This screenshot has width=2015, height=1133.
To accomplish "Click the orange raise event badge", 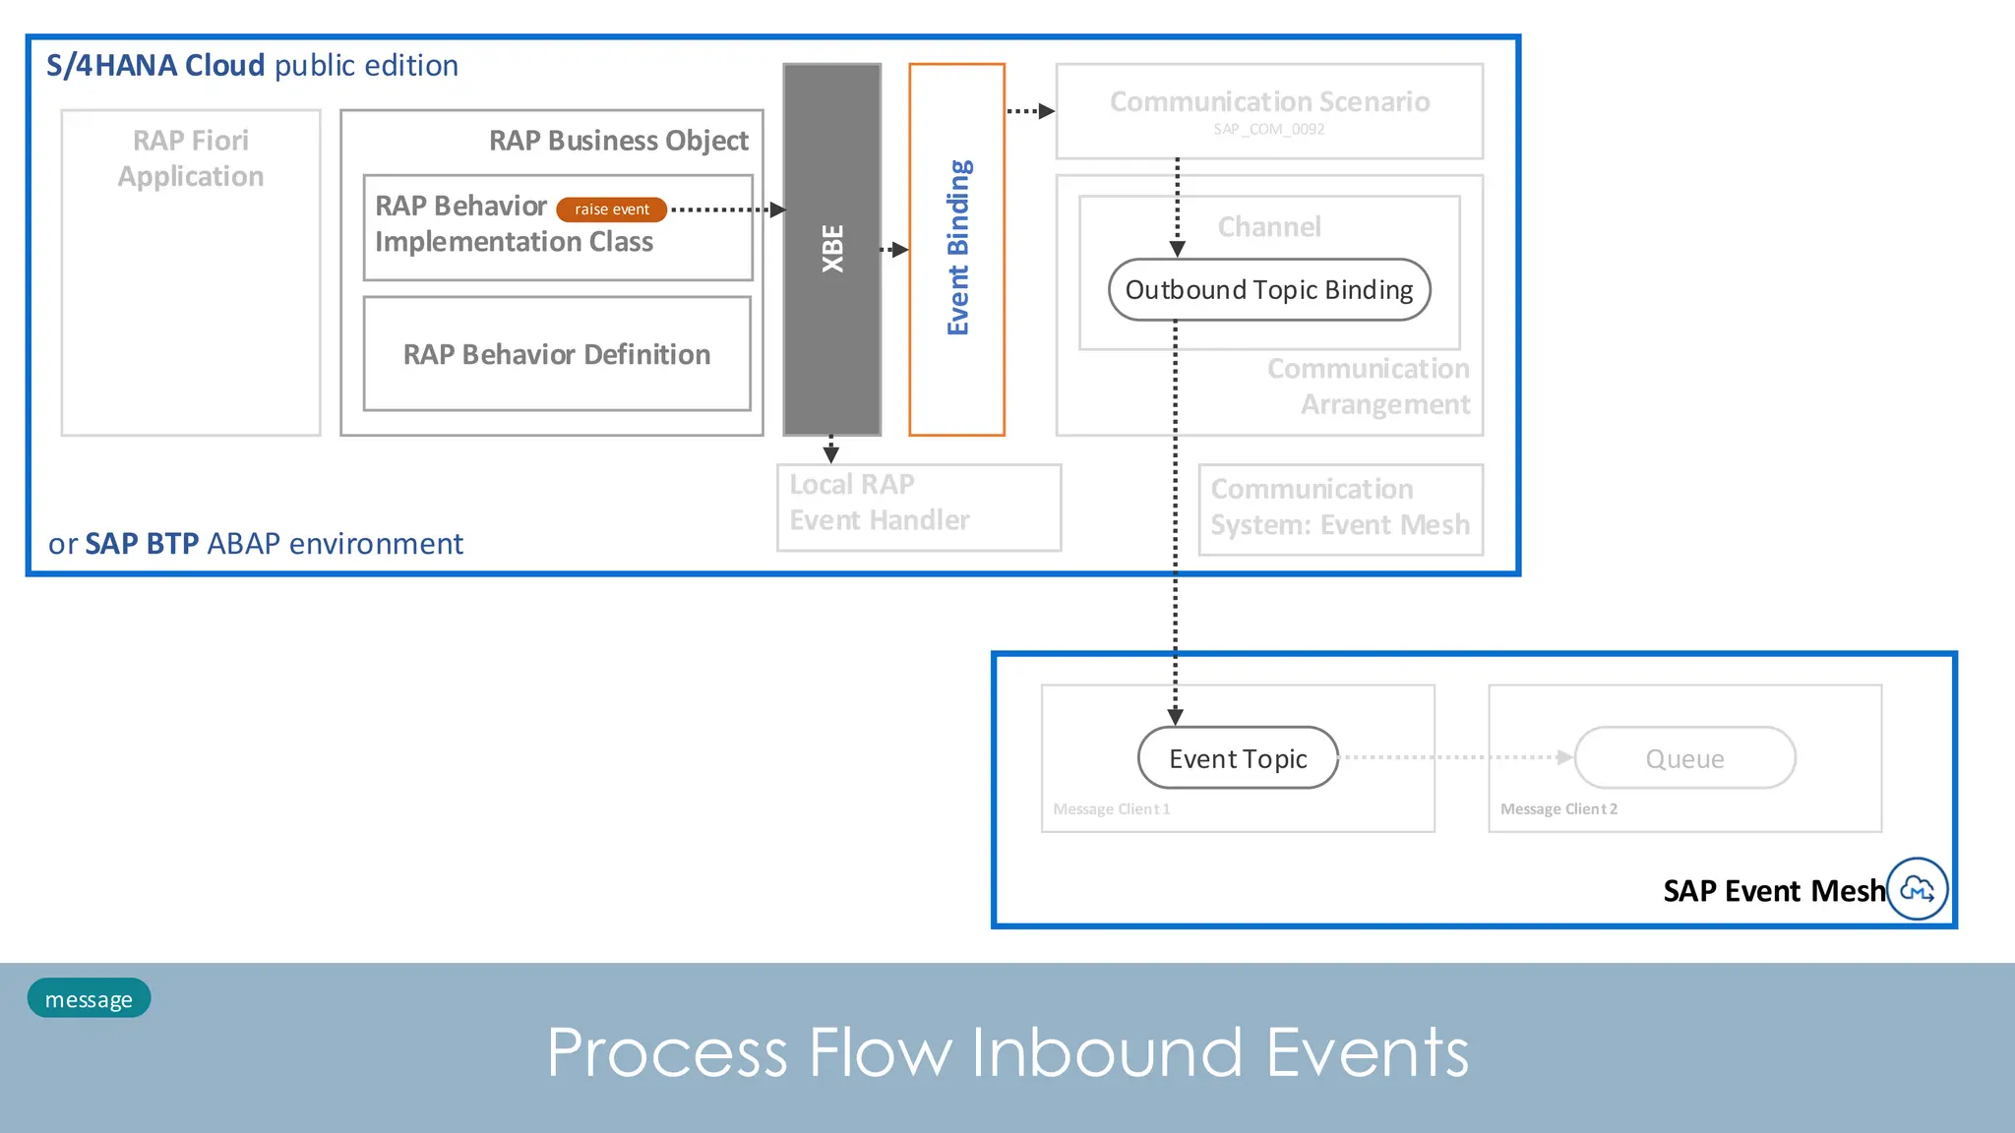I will click(611, 209).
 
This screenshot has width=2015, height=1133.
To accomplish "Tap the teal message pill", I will click(89, 998).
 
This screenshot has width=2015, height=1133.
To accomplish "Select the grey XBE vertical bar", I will click(831, 249).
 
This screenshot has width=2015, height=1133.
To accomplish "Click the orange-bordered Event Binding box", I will click(956, 249).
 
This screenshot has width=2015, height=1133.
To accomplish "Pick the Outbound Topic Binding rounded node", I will click(1268, 290).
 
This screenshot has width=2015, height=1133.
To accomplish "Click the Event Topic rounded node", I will click(1238, 758).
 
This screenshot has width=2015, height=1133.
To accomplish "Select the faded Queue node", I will click(1684, 758).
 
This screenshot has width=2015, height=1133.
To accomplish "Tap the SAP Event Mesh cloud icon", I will click(1917, 889).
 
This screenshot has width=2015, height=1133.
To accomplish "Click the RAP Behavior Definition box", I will click(557, 354).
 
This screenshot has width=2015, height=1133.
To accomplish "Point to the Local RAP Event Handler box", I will click(918, 507).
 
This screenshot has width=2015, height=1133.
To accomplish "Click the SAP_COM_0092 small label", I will click(1268, 130).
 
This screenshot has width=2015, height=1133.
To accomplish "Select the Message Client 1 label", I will click(1111, 809).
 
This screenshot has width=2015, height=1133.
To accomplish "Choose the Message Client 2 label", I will click(1557, 809).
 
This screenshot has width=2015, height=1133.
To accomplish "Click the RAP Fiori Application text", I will click(191, 158).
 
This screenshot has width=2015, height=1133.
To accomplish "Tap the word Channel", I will click(1268, 227).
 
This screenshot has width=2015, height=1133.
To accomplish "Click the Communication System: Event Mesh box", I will click(1340, 509).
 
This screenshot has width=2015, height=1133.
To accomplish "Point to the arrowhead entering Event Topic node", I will click(1175, 717).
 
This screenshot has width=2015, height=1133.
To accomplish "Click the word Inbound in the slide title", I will click(1107, 1052).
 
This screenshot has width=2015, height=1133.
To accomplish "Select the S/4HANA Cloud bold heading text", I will click(155, 66).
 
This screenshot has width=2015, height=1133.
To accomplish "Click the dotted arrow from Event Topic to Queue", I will click(1456, 757).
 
